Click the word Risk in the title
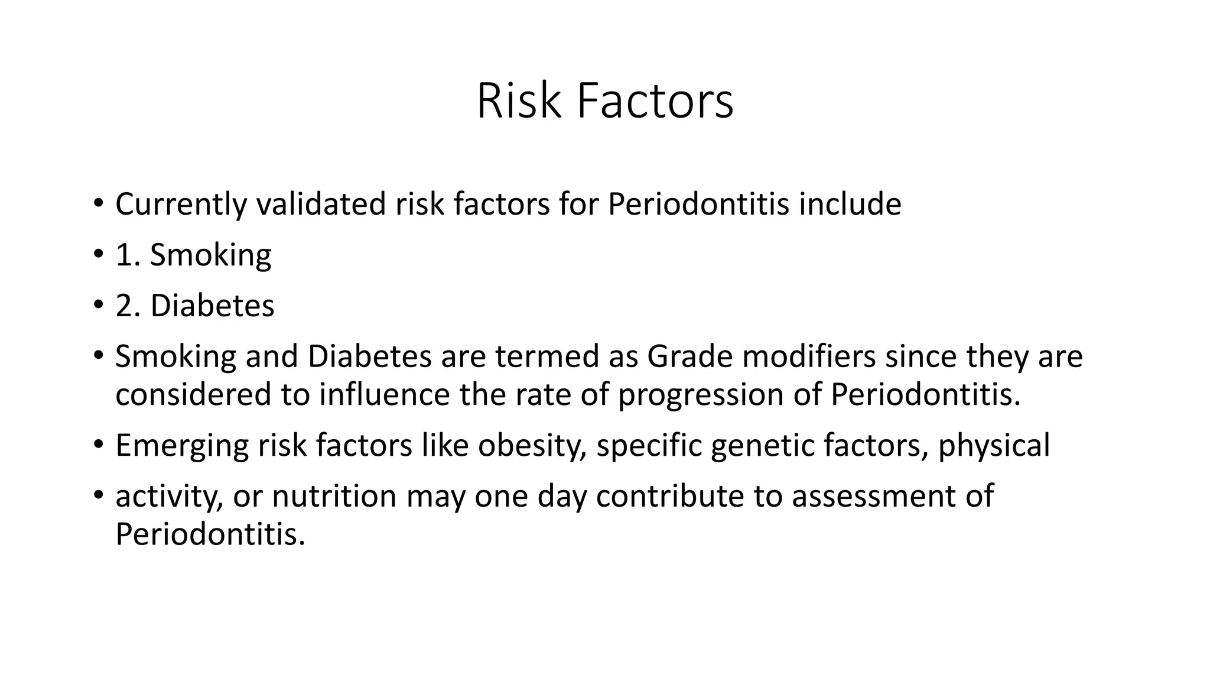click(518, 102)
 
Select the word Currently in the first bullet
click(181, 205)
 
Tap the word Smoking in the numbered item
click(210, 255)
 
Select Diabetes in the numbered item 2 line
click(212, 306)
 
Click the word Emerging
click(182, 446)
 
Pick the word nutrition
click(334, 496)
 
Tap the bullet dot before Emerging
click(98, 443)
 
